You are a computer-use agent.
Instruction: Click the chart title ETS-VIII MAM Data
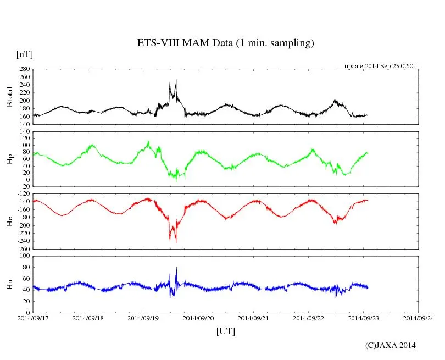pyautogui.click(x=225, y=43)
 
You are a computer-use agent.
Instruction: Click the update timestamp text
pyautogui.click(x=380, y=66)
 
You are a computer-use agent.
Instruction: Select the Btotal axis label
pyautogui.click(x=10, y=97)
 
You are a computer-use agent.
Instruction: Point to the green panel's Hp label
pyautogui.click(x=10, y=160)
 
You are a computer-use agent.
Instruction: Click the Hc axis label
pyautogui.click(x=10, y=221)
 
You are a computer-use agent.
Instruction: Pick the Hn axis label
pyautogui.click(x=10, y=284)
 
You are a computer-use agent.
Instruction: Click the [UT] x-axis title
pyautogui.click(x=225, y=331)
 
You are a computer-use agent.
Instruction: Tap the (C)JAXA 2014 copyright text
pyautogui.click(x=391, y=345)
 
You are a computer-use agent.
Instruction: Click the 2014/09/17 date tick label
pyautogui.click(x=33, y=318)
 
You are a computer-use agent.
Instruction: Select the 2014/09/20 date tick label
pyautogui.click(x=198, y=318)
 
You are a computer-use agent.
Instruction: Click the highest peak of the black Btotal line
pyautogui.click(x=176, y=80)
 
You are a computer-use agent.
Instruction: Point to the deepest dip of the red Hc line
pyautogui.click(x=176, y=242)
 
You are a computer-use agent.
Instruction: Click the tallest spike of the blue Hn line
pyautogui.click(x=176, y=268)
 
